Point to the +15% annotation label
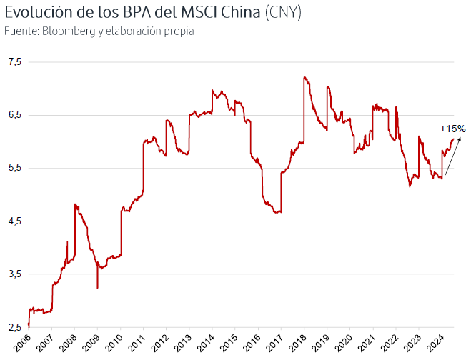pyautogui.click(x=452, y=129)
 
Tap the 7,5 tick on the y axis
pyautogui.click(x=15, y=62)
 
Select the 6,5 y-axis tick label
pyautogui.click(x=15, y=115)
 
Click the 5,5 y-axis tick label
pyautogui.click(x=15, y=168)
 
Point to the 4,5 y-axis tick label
pyautogui.click(x=15, y=221)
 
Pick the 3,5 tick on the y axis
pyautogui.click(x=15, y=274)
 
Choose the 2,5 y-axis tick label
pyautogui.click(x=15, y=327)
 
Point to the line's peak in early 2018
pyautogui.click(x=304, y=77)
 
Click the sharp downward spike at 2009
pyautogui.click(x=97, y=288)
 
